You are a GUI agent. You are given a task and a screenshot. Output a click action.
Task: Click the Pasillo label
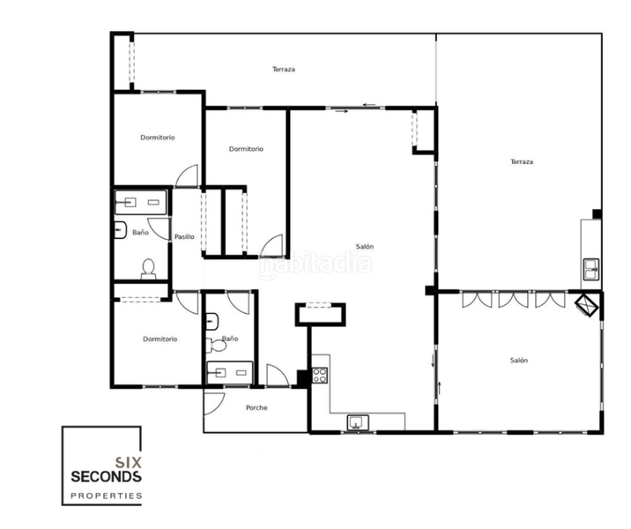(184, 236)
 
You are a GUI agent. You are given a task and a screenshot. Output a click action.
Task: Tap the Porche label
(256, 407)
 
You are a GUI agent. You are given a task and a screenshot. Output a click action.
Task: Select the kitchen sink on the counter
(359, 421)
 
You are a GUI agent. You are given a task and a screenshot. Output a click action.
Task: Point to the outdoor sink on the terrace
(590, 265)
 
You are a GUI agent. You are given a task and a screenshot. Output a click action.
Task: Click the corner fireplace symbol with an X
(588, 305)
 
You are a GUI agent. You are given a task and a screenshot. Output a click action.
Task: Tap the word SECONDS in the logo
(106, 476)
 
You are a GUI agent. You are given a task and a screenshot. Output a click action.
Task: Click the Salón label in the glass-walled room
(518, 360)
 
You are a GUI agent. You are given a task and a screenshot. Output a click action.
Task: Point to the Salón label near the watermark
(364, 246)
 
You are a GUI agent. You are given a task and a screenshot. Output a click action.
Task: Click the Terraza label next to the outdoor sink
(522, 161)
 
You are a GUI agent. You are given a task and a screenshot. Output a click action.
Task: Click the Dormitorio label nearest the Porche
(160, 339)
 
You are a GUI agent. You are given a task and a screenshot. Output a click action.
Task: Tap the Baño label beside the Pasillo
(140, 233)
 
